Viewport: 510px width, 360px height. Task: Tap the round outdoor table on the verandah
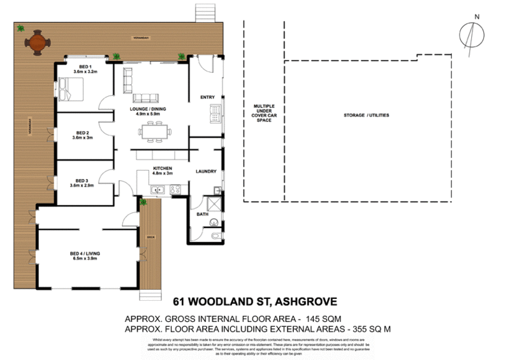38,43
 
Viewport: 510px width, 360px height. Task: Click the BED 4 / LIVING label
85,256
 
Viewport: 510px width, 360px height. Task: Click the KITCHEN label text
163,170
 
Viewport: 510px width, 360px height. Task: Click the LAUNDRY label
207,171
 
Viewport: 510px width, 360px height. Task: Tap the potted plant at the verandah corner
20,28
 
